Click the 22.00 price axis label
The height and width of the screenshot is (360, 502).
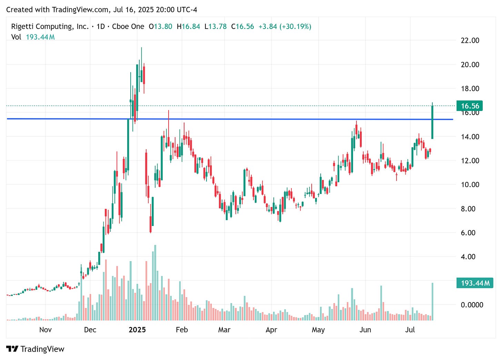click(470, 40)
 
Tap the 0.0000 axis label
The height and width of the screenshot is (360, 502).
click(472, 305)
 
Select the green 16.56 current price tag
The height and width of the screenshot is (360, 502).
click(470, 106)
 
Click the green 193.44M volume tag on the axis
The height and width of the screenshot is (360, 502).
click(475, 283)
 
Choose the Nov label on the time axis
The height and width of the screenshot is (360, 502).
click(45, 330)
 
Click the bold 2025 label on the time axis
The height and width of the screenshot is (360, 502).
click(137, 330)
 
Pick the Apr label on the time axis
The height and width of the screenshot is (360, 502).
click(271, 330)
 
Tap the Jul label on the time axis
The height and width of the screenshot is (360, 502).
click(410, 330)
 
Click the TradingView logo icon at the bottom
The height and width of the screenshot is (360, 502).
click(12, 349)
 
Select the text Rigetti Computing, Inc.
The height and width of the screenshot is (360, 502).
click(50, 27)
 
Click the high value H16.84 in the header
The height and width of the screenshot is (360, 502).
click(188, 27)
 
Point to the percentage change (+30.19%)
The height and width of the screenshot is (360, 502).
click(295, 27)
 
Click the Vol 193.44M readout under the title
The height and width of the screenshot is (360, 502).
click(33, 37)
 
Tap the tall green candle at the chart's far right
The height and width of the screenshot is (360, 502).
click(432, 122)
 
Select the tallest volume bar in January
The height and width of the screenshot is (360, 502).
click(155, 282)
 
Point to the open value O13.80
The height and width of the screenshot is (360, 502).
click(160, 27)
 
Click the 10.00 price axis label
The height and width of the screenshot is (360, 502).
click(470, 185)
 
